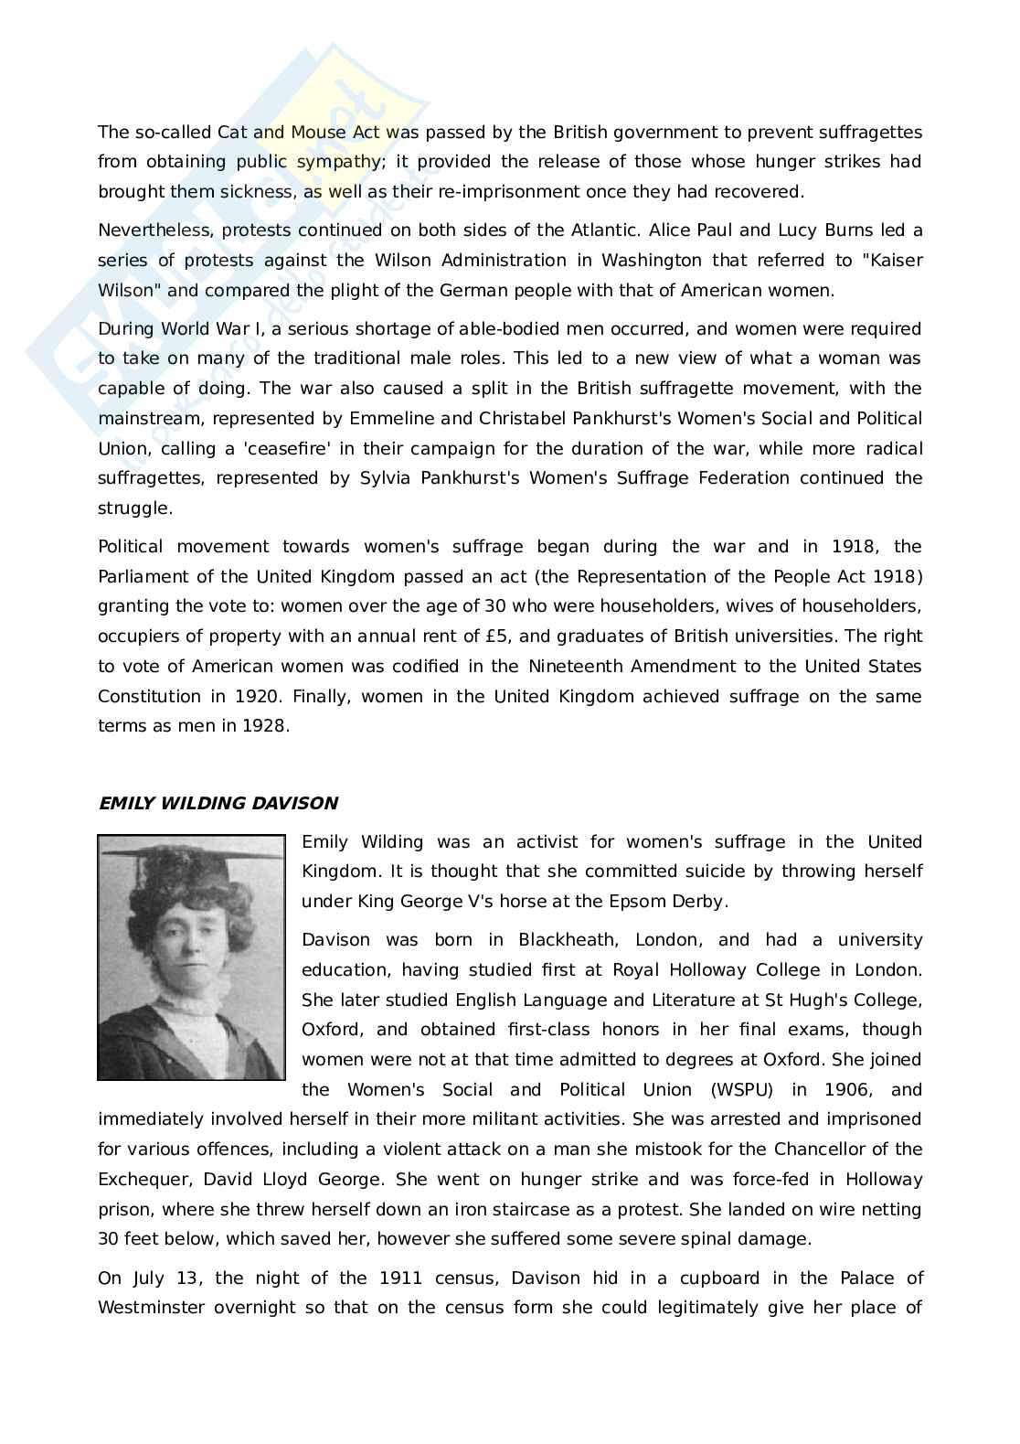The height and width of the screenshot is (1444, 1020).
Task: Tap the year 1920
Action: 255,697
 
